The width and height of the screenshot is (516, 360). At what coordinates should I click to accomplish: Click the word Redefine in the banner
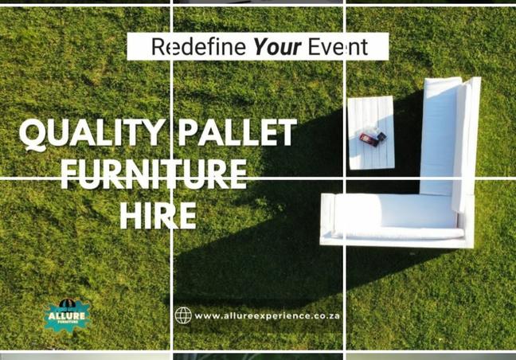(x=198, y=47)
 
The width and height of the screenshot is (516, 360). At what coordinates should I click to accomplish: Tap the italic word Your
(x=277, y=47)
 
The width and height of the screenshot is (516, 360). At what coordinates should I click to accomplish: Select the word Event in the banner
(x=338, y=47)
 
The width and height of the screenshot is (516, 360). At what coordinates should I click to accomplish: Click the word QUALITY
(x=92, y=133)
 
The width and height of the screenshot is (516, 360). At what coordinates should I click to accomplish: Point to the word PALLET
(x=237, y=132)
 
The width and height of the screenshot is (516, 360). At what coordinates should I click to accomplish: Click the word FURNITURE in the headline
(x=154, y=174)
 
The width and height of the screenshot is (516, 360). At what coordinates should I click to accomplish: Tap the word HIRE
(x=158, y=216)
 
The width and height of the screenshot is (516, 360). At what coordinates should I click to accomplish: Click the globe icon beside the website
(x=183, y=315)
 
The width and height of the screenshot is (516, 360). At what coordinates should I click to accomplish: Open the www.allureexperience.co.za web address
(x=267, y=316)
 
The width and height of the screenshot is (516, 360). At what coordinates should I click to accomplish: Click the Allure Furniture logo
(x=67, y=315)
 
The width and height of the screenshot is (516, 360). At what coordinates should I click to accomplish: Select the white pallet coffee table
(x=371, y=133)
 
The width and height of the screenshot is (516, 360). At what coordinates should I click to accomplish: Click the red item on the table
(x=369, y=139)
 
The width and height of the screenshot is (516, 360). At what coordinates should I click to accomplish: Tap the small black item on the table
(x=381, y=136)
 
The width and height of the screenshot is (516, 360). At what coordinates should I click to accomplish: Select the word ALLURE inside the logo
(x=66, y=316)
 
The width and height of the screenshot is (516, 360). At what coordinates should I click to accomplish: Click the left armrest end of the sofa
(x=327, y=219)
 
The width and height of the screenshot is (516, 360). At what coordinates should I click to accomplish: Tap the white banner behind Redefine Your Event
(x=258, y=46)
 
